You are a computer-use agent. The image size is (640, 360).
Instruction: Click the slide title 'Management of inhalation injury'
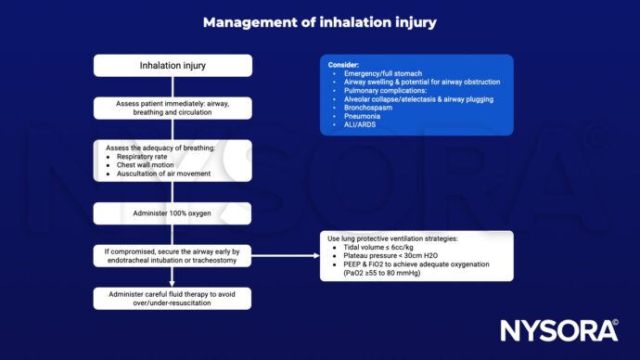point(320,22)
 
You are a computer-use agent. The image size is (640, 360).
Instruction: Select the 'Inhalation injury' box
point(173,66)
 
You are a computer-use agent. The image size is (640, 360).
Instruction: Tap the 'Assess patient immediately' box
point(173,109)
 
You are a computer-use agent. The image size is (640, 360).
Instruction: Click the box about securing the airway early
point(173,254)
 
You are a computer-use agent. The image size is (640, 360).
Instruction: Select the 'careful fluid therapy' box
point(173,297)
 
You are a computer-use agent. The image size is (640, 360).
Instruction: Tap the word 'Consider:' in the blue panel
point(342,65)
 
